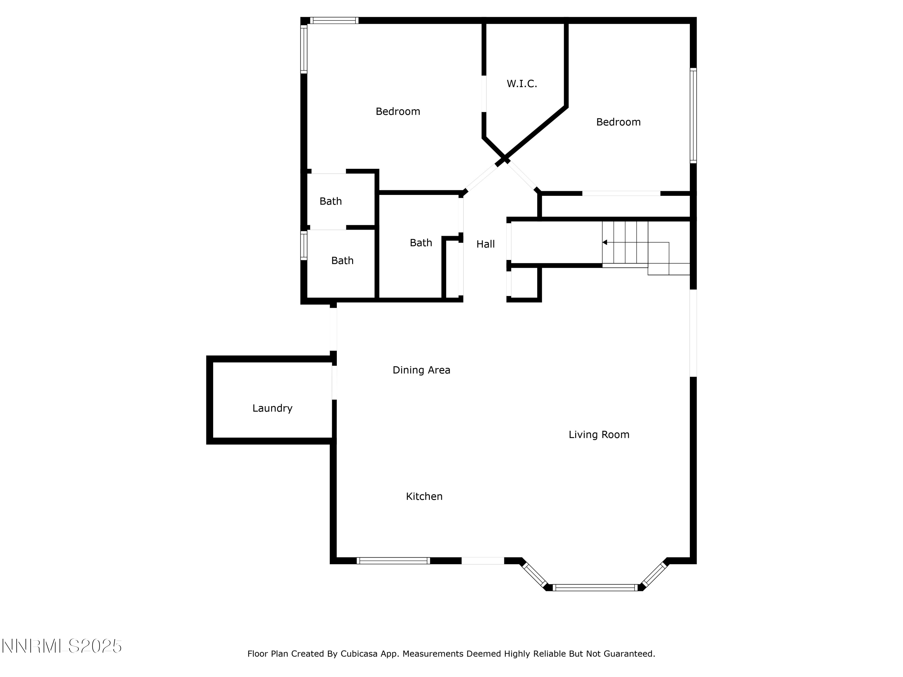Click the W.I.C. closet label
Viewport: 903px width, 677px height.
(522, 84)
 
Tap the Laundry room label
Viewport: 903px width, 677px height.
(272, 408)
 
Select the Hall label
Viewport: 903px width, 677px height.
(486, 244)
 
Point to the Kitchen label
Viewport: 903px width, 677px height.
(424, 496)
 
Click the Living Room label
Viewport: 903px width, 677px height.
(599, 434)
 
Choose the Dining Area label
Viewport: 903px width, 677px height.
(421, 370)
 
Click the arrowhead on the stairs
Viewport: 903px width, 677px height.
(605, 243)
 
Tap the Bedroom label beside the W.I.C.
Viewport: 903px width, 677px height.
(398, 111)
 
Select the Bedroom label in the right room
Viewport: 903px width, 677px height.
(618, 122)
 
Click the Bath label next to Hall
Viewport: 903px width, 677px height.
(421, 243)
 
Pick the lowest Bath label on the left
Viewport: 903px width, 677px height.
(342, 260)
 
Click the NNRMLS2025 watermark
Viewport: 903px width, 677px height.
(62, 646)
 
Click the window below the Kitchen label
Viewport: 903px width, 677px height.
(393, 561)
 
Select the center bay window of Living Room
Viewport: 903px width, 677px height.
(595, 588)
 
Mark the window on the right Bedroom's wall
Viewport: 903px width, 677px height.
(693, 116)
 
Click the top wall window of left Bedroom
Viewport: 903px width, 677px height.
(334, 20)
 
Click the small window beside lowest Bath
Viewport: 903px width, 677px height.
(304, 245)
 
